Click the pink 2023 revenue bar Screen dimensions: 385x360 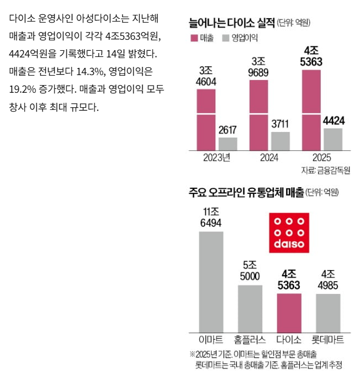pyautogui.click(x=206, y=119)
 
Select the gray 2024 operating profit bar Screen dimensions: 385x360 pyautogui.click(x=265, y=141)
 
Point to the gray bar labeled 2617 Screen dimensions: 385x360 pyautogui.click(x=227, y=144)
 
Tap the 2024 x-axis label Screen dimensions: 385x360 pyautogui.click(x=269, y=158)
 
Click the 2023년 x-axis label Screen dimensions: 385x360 pyautogui.click(x=216, y=158)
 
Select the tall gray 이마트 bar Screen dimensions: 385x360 pyautogui.click(x=211, y=281)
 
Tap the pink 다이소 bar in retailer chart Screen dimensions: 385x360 pyautogui.click(x=289, y=312)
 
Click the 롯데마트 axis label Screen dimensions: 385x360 pyautogui.click(x=329, y=339)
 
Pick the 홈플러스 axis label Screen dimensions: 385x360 pyautogui.click(x=250, y=339)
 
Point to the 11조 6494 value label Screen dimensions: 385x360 pyautogui.click(x=211, y=217)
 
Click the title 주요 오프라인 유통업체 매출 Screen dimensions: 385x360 pyautogui.click(x=246, y=193)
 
